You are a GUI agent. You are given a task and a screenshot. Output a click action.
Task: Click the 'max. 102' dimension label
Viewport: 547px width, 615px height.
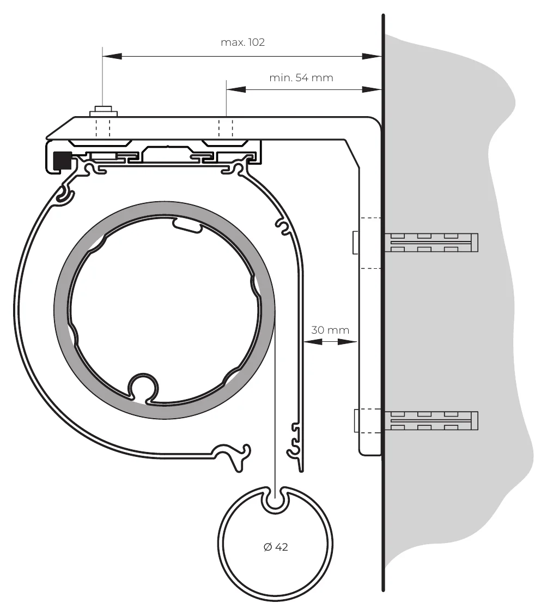tap(243, 42)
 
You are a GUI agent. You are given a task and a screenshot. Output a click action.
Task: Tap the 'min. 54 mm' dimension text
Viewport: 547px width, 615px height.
tap(301, 77)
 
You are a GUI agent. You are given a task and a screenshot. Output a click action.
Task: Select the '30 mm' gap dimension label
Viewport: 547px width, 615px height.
tap(330, 330)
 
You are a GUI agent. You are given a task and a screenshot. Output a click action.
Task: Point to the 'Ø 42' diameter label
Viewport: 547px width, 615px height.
tap(276, 547)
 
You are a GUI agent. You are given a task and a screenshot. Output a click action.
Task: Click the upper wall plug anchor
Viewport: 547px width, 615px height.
tap(431, 243)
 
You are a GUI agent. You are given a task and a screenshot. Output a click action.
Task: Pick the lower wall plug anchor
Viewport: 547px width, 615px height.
tap(431, 420)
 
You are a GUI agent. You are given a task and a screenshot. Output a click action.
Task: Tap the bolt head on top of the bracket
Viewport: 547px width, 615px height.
tap(104, 111)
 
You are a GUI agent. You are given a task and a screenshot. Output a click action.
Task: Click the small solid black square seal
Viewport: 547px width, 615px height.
tap(63, 160)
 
